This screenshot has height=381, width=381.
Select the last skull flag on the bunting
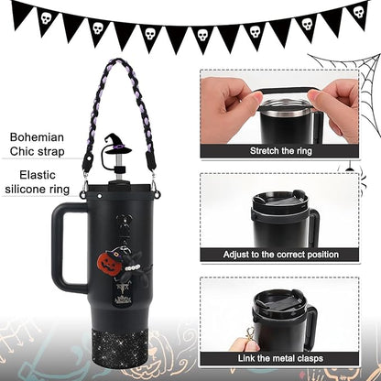(x=359, y=14)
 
